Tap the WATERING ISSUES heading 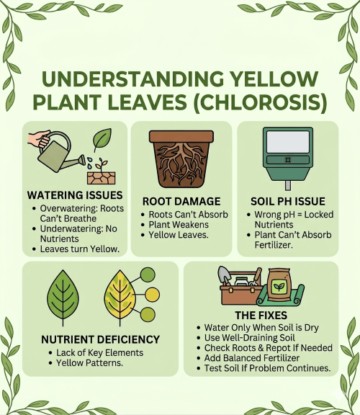[74, 195]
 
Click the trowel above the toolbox [225, 277]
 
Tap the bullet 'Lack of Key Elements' [99, 352]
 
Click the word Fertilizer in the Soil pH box [279, 244]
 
